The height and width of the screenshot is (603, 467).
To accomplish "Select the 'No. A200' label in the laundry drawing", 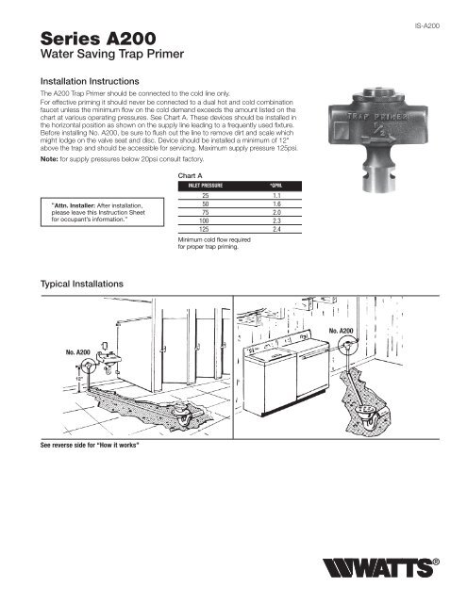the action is (341, 332).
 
